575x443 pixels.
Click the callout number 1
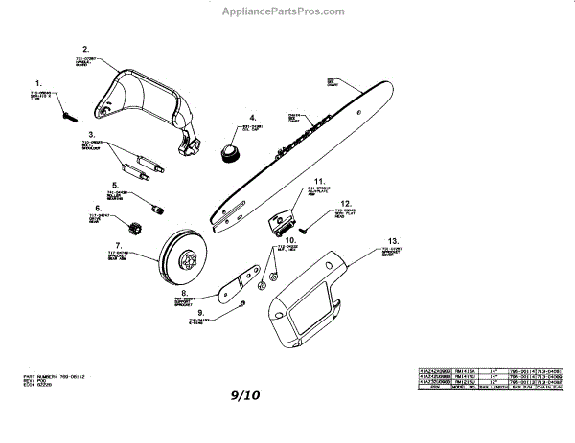[39, 83]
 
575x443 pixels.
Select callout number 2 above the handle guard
[85, 49]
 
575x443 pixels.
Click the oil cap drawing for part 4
[230, 152]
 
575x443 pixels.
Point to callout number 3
[92, 135]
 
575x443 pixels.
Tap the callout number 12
[347, 203]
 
